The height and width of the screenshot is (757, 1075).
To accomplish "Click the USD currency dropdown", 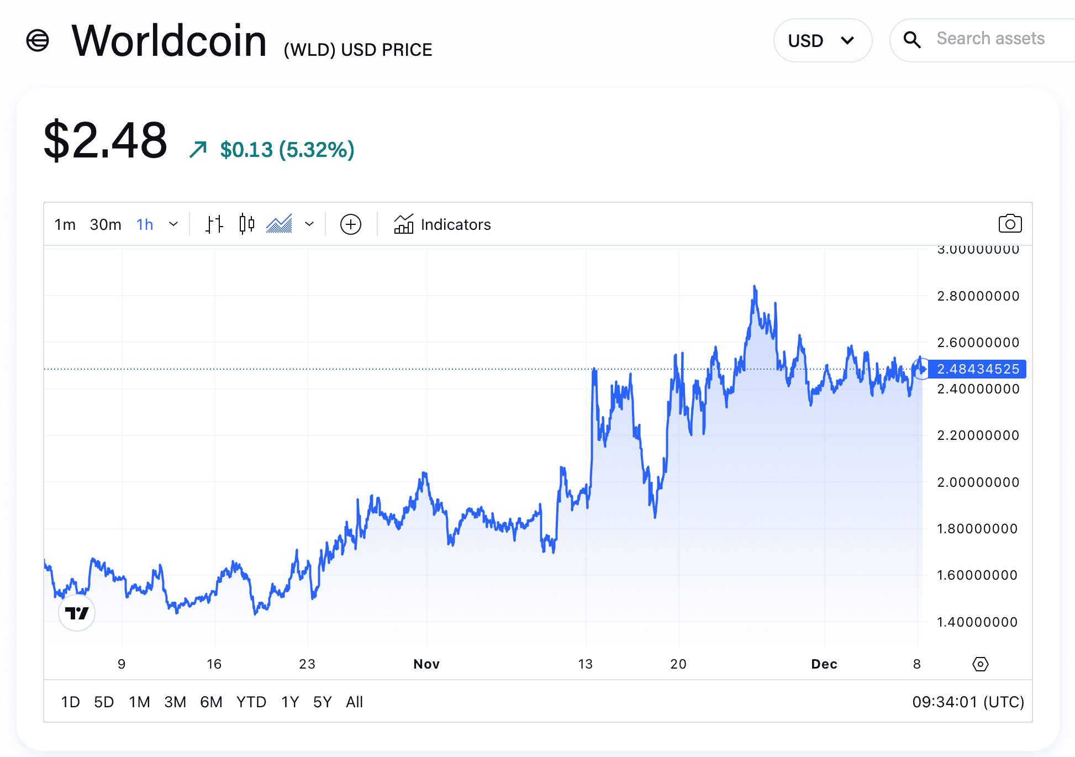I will (822, 40).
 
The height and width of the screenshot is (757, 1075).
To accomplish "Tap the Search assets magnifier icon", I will (912, 40).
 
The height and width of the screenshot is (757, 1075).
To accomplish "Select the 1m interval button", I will (65, 224).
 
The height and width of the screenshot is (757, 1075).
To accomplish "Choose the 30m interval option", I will (106, 224).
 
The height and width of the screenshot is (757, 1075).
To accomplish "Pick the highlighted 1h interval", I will (145, 224).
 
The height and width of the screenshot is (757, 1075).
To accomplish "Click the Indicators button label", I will (455, 224).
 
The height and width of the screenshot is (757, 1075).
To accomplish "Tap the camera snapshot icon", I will (1010, 224).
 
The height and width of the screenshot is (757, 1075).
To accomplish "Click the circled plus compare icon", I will (351, 224).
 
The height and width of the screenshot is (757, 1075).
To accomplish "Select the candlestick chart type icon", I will (247, 224).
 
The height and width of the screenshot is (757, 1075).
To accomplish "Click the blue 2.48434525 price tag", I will (977, 369).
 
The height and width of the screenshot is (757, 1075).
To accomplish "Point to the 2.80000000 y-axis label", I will (978, 296).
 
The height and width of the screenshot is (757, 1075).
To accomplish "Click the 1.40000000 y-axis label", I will (977, 622).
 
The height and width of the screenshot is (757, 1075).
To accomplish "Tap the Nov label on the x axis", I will (426, 664).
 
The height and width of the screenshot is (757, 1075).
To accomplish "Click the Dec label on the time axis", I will (824, 664).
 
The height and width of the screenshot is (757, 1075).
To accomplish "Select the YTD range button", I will (251, 702).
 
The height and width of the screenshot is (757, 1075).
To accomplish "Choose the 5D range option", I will (104, 702).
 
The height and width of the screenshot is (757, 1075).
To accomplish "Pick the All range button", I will (354, 702).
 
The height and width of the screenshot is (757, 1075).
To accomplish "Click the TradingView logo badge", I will (77, 613).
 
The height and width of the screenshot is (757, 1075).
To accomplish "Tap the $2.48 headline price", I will (106, 141).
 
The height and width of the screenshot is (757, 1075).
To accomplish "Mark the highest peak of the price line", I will (755, 286).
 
